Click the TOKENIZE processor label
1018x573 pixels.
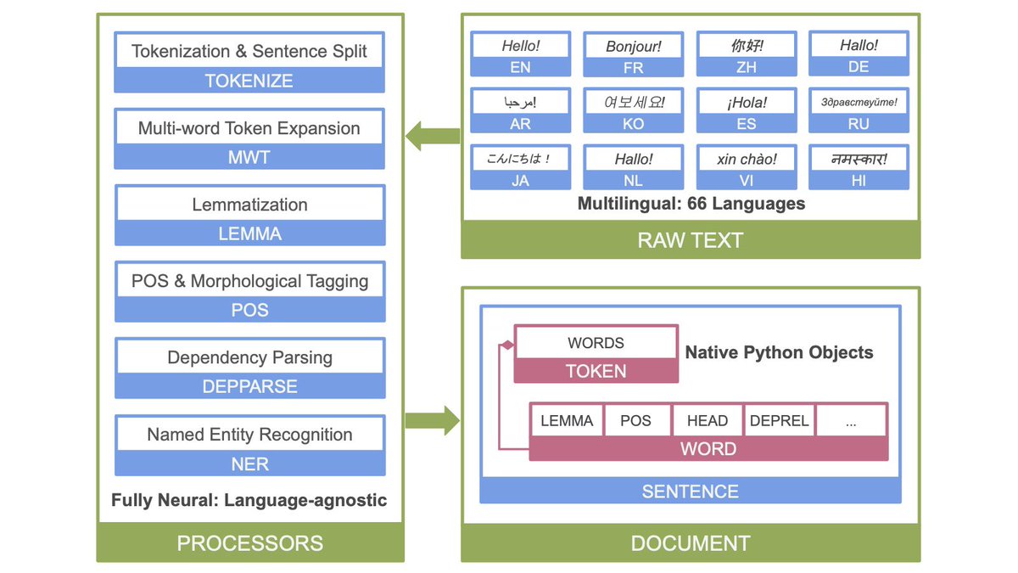(x=249, y=81)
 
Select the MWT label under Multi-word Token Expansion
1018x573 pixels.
(x=249, y=158)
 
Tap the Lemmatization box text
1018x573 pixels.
(x=249, y=205)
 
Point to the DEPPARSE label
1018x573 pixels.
(x=249, y=386)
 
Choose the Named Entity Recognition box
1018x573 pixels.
(x=249, y=435)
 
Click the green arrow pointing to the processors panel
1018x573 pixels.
(x=433, y=135)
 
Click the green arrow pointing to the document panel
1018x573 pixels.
(x=433, y=420)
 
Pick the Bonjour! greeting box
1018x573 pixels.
(x=633, y=46)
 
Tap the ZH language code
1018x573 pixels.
(x=746, y=67)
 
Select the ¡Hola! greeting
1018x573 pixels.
(x=746, y=102)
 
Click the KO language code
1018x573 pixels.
(x=633, y=124)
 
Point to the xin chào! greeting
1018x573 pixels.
(x=746, y=159)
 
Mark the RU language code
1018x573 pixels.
(x=859, y=124)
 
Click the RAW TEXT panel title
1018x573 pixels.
(x=690, y=240)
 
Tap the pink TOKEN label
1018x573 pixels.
(x=596, y=371)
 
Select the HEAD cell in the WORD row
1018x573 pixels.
(x=708, y=420)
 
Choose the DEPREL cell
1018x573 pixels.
(x=779, y=420)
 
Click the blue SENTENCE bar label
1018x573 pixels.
(x=690, y=491)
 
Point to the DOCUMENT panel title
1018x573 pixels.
(x=690, y=543)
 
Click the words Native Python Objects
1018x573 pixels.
(x=779, y=351)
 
